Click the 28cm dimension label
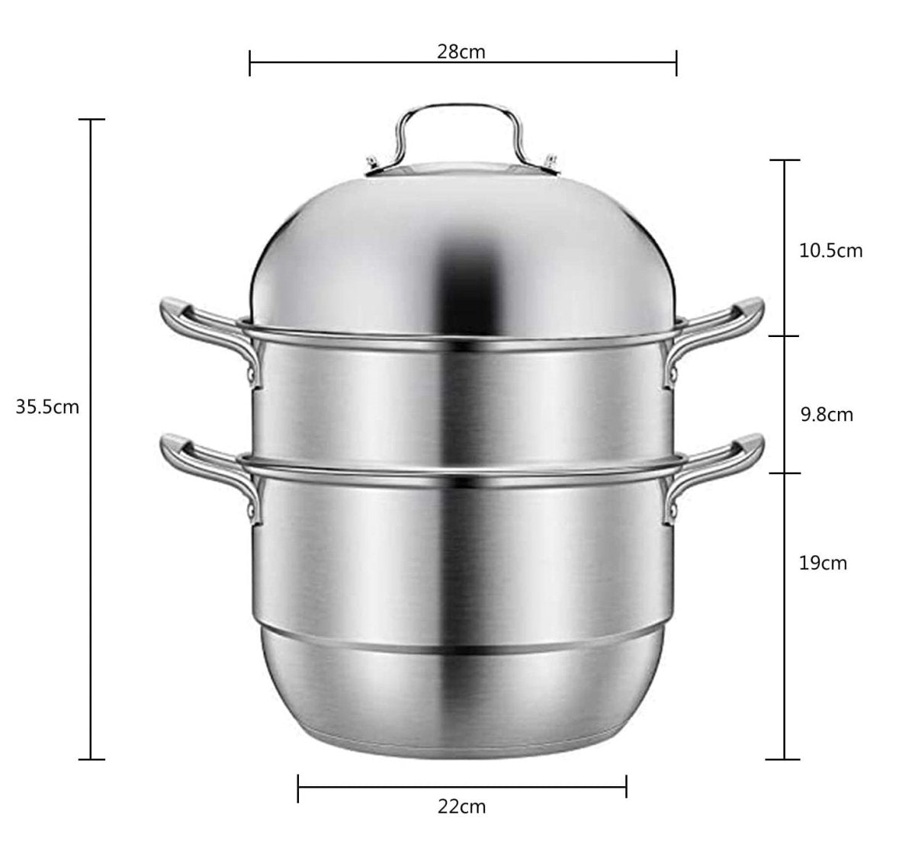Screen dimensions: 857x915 [x=461, y=52]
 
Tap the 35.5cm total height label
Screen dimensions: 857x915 [x=47, y=406]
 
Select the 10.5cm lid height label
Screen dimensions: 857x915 [x=830, y=250]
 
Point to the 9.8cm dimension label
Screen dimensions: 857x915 [x=826, y=415]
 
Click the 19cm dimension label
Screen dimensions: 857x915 [x=823, y=563]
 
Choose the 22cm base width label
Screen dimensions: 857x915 [x=461, y=807]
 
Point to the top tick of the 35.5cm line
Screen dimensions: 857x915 [x=91, y=120]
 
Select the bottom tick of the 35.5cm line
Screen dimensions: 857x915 [x=91, y=759]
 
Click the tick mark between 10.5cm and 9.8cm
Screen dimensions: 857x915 [x=782, y=335]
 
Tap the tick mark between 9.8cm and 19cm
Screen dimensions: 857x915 [x=782, y=473]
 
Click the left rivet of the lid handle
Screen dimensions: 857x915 [x=371, y=162]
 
